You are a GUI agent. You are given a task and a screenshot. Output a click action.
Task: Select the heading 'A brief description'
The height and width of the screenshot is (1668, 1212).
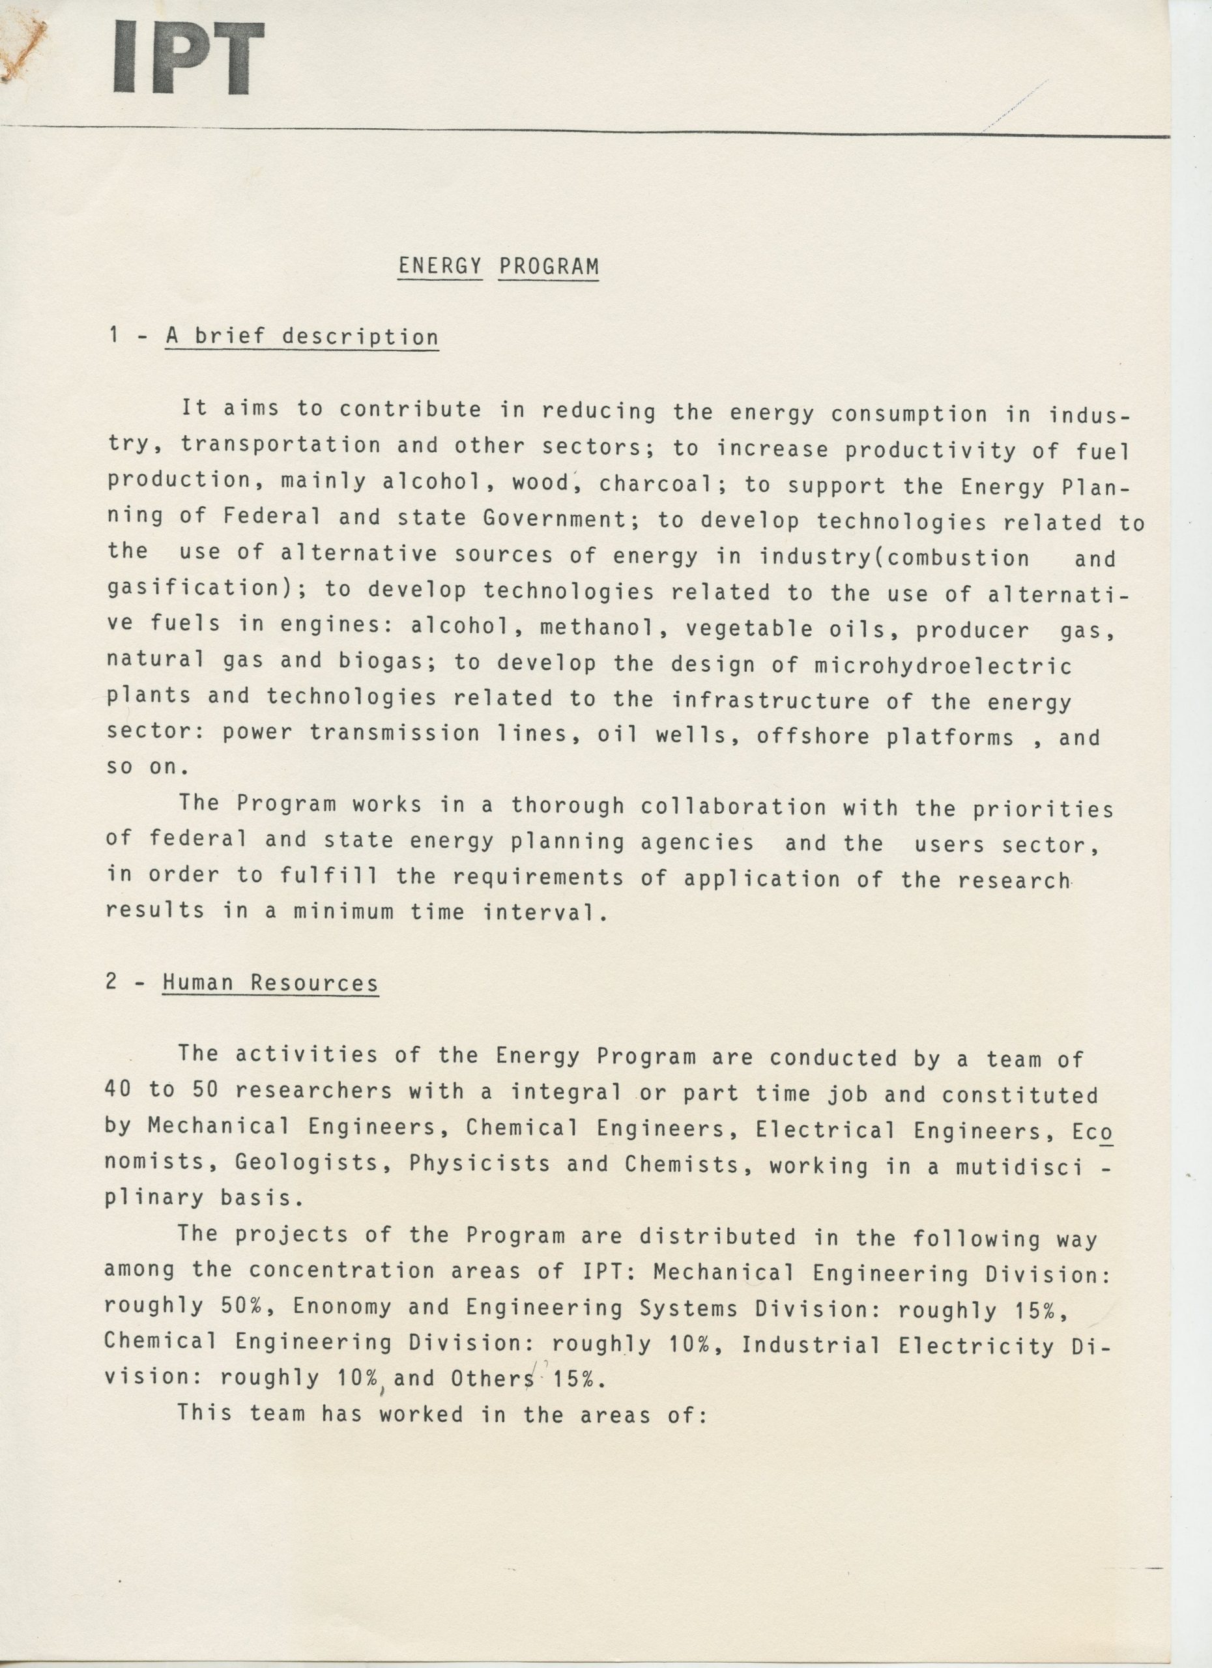[x=302, y=337]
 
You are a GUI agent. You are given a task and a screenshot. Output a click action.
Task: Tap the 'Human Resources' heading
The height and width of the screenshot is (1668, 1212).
[x=270, y=983]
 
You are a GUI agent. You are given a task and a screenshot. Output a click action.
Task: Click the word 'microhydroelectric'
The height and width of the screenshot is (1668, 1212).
[x=943, y=666]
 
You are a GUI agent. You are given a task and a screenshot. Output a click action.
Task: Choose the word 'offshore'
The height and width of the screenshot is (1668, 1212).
[x=813, y=736]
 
